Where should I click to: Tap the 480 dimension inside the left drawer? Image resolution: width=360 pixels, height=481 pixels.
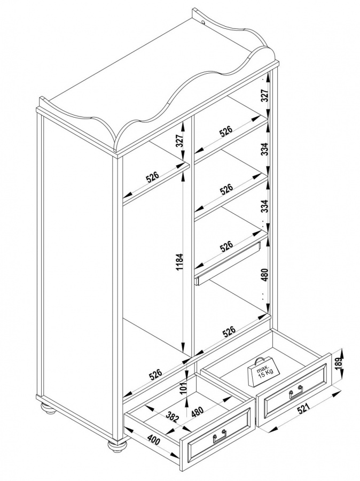click(x=197, y=412)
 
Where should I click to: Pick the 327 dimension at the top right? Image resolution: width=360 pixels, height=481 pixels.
click(x=264, y=96)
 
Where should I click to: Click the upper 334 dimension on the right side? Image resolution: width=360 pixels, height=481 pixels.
click(x=264, y=149)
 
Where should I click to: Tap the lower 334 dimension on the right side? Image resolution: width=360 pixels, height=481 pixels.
click(x=264, y=206)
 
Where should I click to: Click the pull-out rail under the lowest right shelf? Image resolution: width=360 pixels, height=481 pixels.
click(x=227, y=263)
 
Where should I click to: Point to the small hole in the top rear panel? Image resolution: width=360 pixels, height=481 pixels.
click(x=204, y=22)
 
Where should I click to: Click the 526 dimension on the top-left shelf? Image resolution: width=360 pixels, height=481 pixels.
click(x=152, y=177)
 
